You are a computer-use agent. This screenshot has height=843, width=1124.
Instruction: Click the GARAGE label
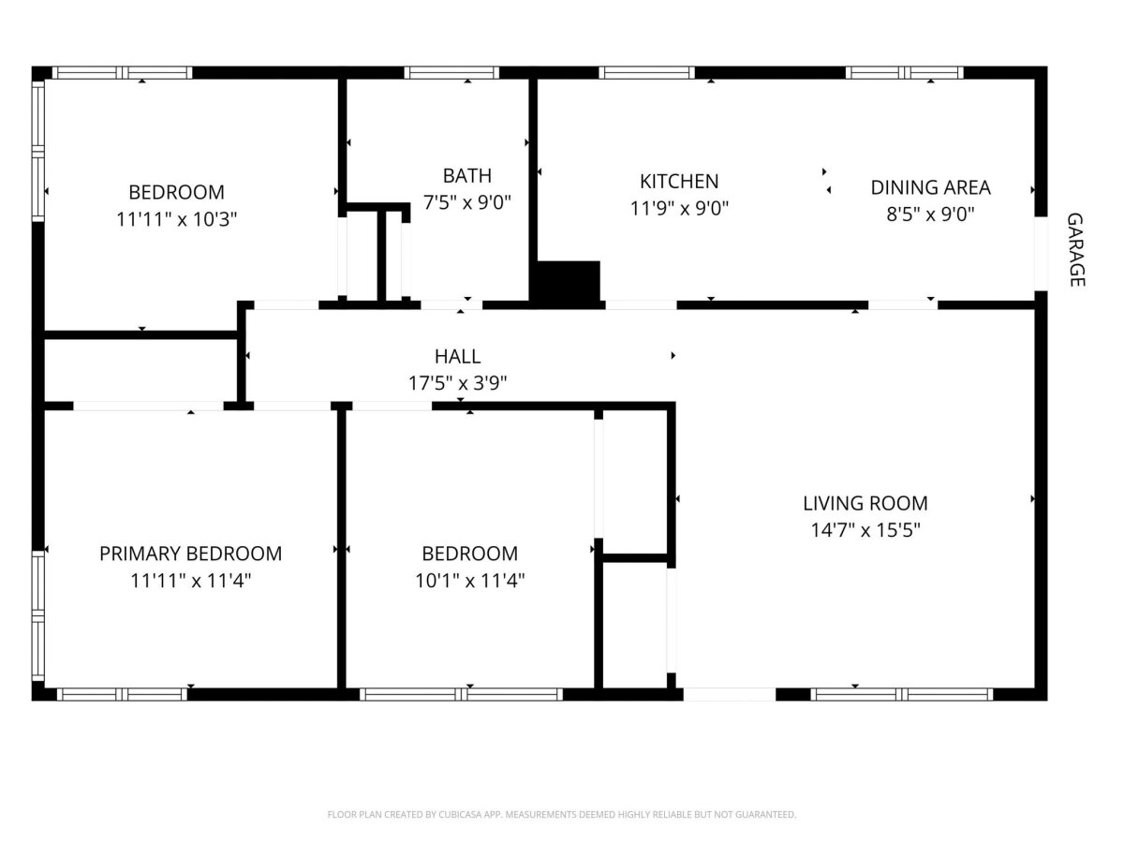click(1075, 250)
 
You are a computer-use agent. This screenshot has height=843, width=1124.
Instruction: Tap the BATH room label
click(467, 175)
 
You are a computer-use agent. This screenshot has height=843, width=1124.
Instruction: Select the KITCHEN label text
click(679, 181)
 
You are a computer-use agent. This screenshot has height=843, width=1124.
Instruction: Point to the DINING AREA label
click(930, 187)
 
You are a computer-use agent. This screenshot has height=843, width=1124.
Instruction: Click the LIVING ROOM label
click(865, 503)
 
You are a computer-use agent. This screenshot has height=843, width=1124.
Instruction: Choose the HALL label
click(458, 356)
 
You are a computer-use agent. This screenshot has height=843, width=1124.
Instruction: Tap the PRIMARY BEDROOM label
click(190, 554)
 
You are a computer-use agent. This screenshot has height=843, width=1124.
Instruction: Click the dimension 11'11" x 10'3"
click(177, 219)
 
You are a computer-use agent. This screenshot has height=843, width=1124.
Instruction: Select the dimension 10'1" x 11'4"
click(470, 581)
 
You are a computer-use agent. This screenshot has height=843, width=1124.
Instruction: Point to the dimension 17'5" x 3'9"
click(458, 383)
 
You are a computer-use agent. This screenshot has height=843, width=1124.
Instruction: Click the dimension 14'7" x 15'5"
click(865, 530)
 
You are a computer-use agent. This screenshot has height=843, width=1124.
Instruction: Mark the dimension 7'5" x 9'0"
click(467, 202)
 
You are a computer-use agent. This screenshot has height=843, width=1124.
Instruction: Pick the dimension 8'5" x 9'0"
click(930, 214)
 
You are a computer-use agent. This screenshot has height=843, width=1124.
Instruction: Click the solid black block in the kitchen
click(568, 281)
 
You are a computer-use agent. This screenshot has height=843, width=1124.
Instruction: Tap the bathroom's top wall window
click(451, 73)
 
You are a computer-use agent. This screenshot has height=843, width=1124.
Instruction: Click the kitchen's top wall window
click(646, 73)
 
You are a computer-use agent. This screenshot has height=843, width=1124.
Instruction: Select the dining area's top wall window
click(904, 73)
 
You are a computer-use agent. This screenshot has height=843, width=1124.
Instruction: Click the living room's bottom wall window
click(902, 694)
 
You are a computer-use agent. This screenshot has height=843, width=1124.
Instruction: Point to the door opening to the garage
click(1041, 254)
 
